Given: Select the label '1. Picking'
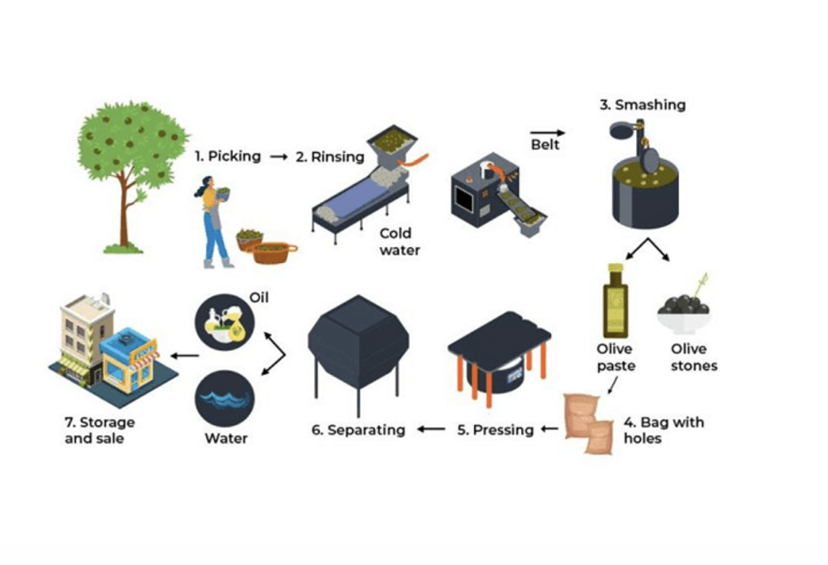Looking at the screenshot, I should tap(227, 156).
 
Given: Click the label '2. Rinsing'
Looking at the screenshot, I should tap(329, 157).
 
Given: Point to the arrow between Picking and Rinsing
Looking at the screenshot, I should tap(279, 157).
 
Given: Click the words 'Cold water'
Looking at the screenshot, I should tap(399, 242).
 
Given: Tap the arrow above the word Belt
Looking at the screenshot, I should tap(547, 133).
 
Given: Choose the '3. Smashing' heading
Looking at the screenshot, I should tap(642, 105).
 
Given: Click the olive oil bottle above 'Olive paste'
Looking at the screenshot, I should tap(615, 301).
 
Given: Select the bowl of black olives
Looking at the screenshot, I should tap(683, 312).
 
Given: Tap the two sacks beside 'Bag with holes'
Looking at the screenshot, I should tap(589, 424).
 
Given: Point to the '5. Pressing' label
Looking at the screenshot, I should tap(495, 430).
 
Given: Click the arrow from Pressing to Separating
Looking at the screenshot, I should tap(430, 429).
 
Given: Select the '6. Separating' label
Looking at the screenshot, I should tap(358, 430).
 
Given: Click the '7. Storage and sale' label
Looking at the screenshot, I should tap(99, 430).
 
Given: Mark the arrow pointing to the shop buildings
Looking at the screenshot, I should tap(184, 355).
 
